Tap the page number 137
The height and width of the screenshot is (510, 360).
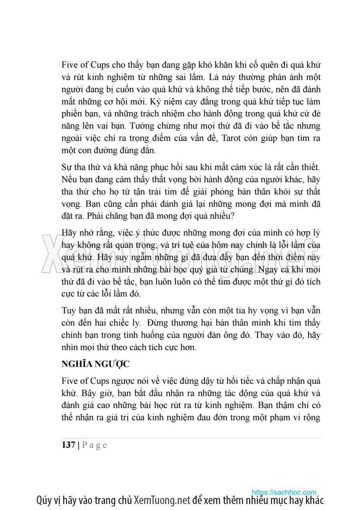tap(68, 445)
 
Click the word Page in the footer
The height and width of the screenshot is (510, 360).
tap(95, 445)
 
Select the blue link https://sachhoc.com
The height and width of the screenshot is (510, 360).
tap(284, 492)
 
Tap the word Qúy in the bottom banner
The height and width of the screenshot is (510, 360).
tap(44, 501)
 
